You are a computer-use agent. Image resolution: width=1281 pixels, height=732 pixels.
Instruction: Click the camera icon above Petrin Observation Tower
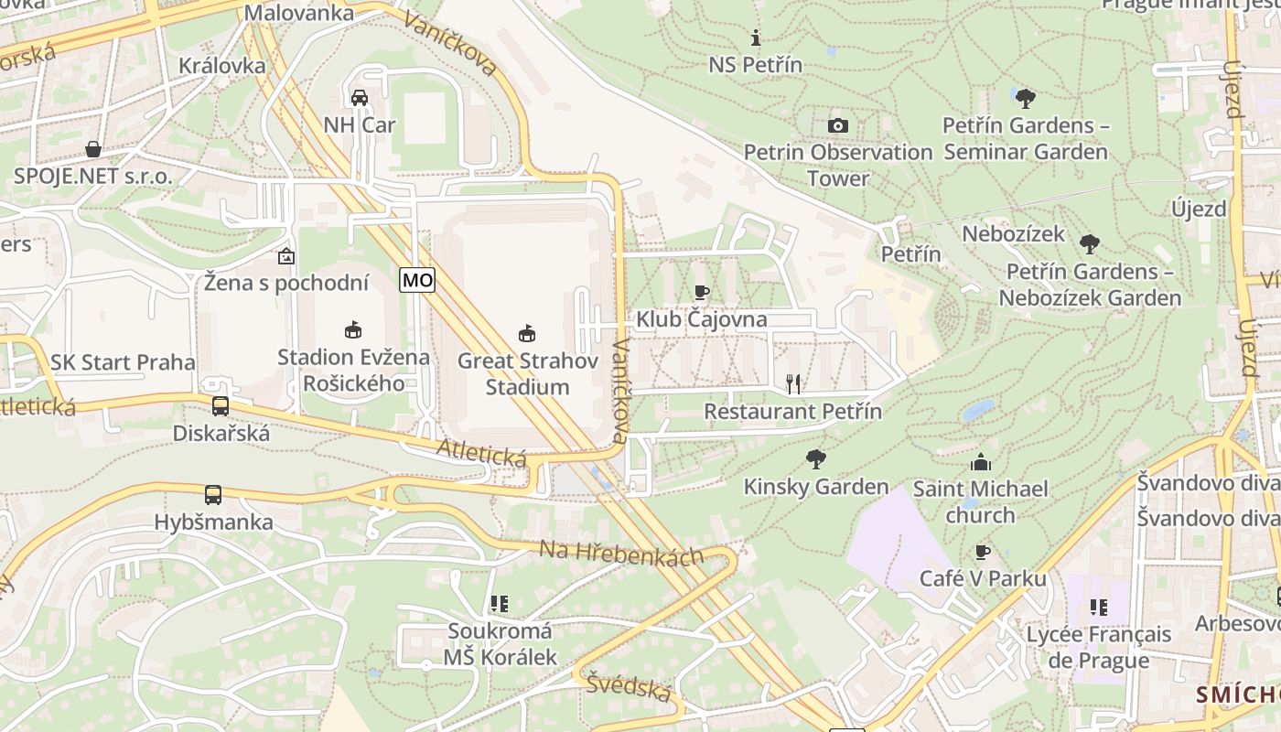pyautogui.click(x=837, y=125)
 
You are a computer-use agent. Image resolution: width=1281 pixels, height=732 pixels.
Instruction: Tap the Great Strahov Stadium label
pyautogui.click(x=527, y=373)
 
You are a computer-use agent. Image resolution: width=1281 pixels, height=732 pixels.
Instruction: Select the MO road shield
pyautogui.click(x=417, y=280)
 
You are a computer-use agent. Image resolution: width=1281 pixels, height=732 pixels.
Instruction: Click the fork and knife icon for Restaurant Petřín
pyautogui.click(x=793, y=384)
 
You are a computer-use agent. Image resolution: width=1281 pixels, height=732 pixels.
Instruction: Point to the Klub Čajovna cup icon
pyautogui.click(x=702, y=293)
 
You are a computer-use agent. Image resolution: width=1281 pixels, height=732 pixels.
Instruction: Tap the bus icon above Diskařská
pyautogui.click(x=220, y=406)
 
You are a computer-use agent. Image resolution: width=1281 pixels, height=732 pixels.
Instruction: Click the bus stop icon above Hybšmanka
pyautogui.click(x=213, y=495)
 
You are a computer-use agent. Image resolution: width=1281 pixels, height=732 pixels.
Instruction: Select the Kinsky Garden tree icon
pyautogui.click(x=816, y=459)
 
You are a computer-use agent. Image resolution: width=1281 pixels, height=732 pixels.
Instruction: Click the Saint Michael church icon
pyautogui.click(x=981, y=462)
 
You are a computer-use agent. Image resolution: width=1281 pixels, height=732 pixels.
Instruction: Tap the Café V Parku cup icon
pyautogui.click(x=983, y=552)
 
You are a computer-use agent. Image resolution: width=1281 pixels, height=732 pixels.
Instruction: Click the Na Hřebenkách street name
pyautogui.click(x=621, y=554)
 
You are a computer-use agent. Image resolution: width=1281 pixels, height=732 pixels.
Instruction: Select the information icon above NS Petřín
pyautogui.click(x=756, y=38)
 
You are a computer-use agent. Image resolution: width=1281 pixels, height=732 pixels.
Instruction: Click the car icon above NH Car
pyautogui.click(x=360, y=97)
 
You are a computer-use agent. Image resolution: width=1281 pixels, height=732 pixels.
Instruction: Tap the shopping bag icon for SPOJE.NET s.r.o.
pyautogui.click(x=93, y=149)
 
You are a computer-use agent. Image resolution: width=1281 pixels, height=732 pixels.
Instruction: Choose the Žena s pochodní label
pyautogui.click(x=286, y=283)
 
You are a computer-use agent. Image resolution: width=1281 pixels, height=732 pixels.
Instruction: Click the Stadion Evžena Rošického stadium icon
pyautogui.click(x=353, y=329)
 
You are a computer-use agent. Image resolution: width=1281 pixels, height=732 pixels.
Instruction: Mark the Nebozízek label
pyautogui.click(x=1013, y=234)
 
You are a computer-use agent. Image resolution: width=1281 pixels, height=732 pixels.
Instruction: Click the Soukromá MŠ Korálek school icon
pyautogui.click(x=500, y=604)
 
